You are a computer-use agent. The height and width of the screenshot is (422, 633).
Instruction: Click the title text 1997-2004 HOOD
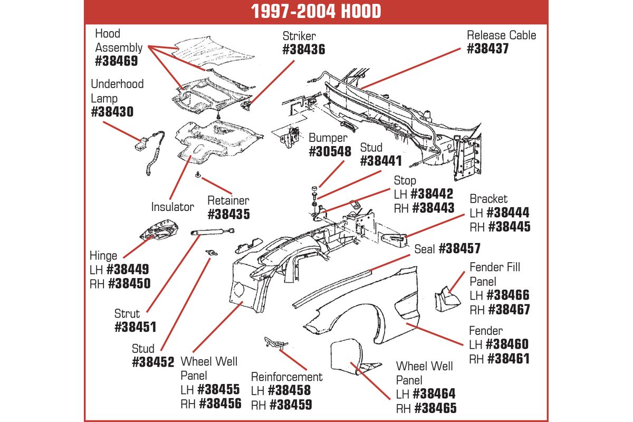click(x=316, y=12)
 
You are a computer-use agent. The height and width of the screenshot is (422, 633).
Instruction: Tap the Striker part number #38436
click(x=304, y=50)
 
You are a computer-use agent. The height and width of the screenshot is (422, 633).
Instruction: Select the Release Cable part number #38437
click(x=488, y=49)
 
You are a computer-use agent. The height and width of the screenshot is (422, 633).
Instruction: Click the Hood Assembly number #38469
click(x=117, y=61)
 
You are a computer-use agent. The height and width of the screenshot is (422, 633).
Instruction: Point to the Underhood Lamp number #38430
click(x=112, y=112)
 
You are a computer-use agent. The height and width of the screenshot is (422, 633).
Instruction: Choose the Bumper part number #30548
click(x=330, y=151)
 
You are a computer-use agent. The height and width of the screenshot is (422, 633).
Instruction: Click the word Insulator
click(x=172, y=207)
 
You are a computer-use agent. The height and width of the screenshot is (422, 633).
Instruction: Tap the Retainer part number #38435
click(x=229, y=214)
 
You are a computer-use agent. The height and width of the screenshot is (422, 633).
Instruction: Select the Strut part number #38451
click(x=136, y=327)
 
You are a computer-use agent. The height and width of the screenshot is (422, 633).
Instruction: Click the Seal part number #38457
click(x=459, y=248)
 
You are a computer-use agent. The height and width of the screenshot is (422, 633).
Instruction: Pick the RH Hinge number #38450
click(x=129, y=283)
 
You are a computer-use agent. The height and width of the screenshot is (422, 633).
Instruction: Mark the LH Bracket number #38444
click(x=508, y=213)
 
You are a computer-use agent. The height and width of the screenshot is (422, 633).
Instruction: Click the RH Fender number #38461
click(x=509, y=358)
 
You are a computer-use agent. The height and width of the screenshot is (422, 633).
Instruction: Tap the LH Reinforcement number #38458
click(x=289, y=390)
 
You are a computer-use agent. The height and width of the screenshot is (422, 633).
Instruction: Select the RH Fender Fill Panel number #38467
click(x=509, y=309)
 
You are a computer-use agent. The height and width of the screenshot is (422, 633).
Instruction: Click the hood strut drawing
click(x=213, y=232)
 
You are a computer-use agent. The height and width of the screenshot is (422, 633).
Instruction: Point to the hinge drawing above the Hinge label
click(x=159, y=229)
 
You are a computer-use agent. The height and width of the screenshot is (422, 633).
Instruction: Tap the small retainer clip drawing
click(x=198, y=175)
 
